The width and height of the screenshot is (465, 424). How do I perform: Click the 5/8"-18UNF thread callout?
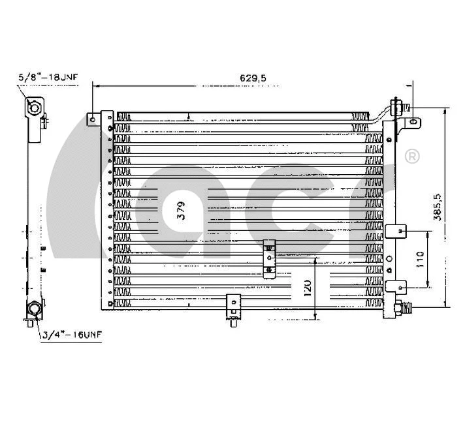click(48, 78)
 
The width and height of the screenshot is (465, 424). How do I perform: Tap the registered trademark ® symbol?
click(412, 157)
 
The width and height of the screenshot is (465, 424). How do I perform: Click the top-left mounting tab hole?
click(93, 119)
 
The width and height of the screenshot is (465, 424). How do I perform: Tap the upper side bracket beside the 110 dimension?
click(396, 231)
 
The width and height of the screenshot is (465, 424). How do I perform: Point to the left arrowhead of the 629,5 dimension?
click(95, 84)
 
